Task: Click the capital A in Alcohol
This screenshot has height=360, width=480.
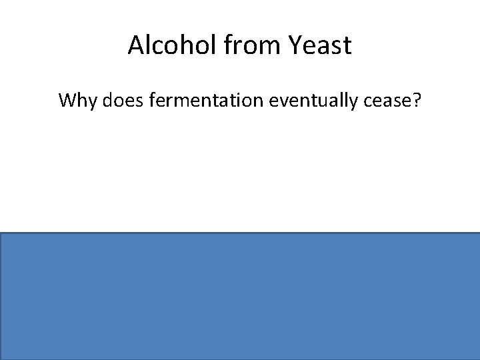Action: pyautogui.click(x=136, y=45)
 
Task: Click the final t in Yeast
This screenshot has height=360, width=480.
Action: pyautogui.click(x=347, y=45)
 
